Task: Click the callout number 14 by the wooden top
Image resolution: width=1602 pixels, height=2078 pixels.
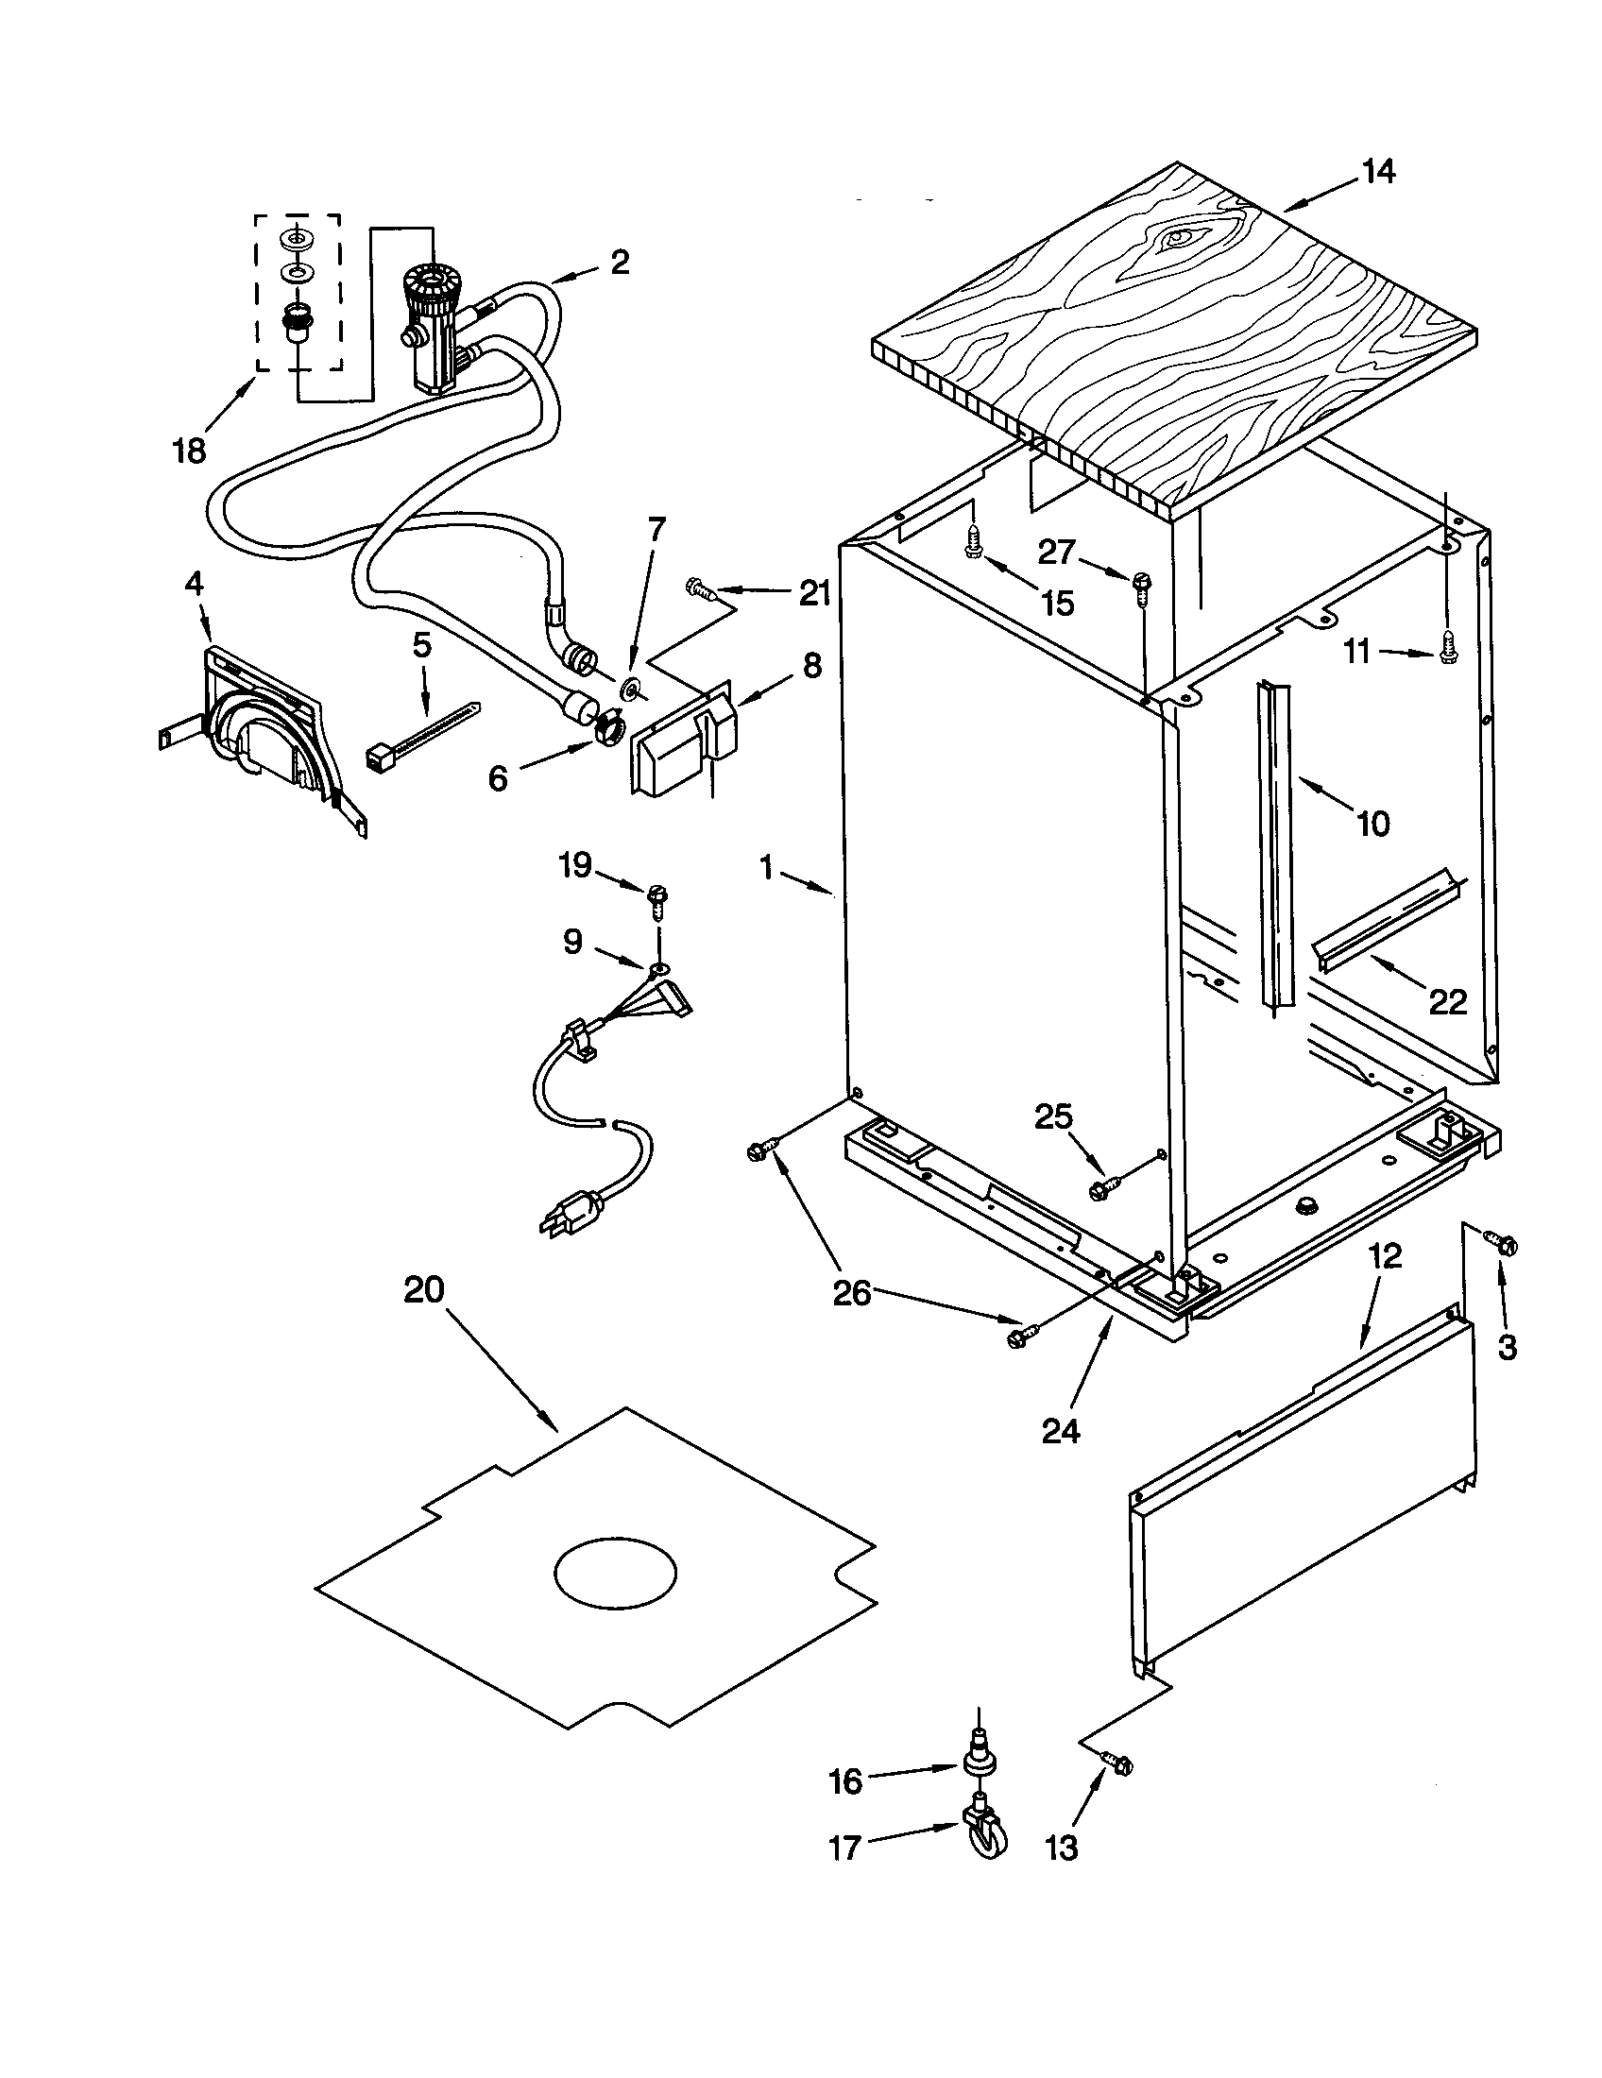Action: tap(1377, 171)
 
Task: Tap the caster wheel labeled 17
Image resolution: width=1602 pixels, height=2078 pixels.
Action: tap(986, 1838)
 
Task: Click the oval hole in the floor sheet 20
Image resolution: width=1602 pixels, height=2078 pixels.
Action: tap(616, 1571)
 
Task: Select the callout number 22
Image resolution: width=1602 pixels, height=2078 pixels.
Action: tap(1447, 1001)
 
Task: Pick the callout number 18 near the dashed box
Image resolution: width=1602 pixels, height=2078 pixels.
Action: tap(189, 450)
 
